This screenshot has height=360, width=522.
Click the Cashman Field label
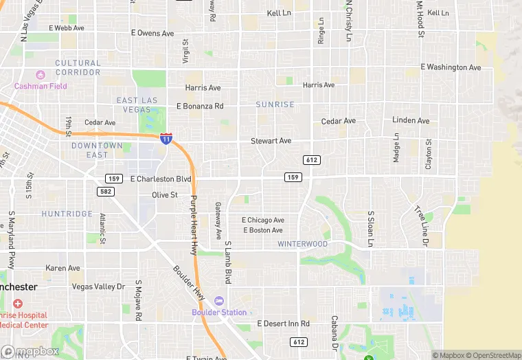point(41,86)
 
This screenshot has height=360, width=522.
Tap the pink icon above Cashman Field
point(41,74)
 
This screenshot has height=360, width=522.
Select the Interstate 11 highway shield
point(166,139)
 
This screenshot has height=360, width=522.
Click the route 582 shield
point(105,190)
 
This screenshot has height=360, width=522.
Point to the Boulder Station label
point(219,313)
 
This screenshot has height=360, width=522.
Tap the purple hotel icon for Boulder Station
point(219,301)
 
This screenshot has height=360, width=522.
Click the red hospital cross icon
point(17,304)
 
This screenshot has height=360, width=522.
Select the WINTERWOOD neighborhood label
point(302,244)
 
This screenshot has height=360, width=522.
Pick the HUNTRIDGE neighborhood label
point(67,214)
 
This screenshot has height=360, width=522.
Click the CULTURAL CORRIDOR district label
point(78,67)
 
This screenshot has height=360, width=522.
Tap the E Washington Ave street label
point(451,67)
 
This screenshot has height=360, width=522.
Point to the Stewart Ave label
point(271,141)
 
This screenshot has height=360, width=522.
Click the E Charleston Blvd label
point(160,179)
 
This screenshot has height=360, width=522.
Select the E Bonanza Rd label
point(200,106)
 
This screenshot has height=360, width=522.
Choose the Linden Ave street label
point(411,120)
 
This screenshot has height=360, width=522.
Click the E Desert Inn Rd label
point(283,323)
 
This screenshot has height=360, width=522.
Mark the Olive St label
point(165,195)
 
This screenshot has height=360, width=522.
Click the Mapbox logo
point(30,352)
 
